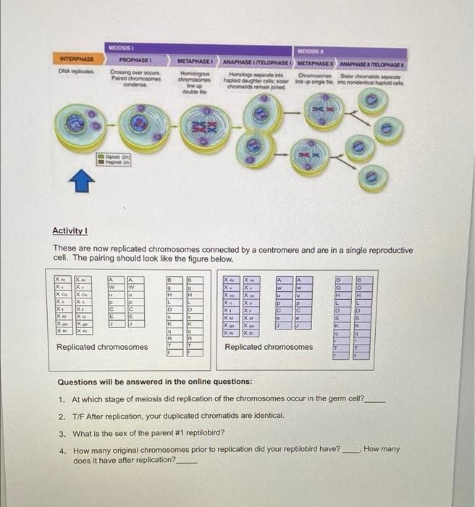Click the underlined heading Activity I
pos(69,230)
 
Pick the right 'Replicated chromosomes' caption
pos(269,347)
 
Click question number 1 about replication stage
pos(217,399)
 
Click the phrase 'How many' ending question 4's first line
pos(381,449)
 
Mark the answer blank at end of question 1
pos(378,400)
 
